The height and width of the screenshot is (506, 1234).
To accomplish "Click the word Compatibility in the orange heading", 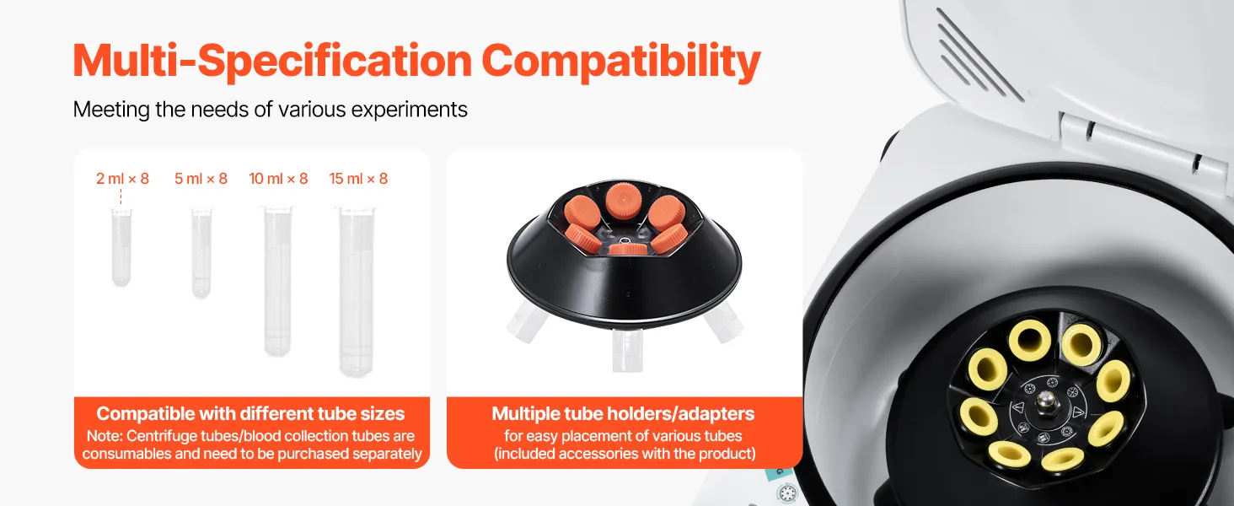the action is [x=621, y=62].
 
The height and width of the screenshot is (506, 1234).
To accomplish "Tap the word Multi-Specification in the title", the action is [x=272, y=62].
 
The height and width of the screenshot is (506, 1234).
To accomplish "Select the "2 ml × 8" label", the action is [x=122, y=179].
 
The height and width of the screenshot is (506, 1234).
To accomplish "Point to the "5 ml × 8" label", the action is [x=201, y=179].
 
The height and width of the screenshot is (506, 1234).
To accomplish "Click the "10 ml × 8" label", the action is [x=278, y=179].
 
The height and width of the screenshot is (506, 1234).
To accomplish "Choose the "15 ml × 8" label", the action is [x=358, y=179].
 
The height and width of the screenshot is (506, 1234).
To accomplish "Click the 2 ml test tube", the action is [x=121, y=247].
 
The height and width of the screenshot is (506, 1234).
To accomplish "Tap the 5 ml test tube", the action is [x=201, y=252].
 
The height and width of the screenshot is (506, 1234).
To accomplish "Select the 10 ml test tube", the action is [x=277, y=281].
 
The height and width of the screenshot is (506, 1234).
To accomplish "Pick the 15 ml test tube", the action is [x=357, y=292].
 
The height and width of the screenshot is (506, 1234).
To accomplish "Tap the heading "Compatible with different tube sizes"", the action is [x=250, y=413].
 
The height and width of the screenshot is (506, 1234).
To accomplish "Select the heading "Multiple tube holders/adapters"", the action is [x=623, y=413].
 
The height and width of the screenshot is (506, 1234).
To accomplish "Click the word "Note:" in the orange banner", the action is [x=105, y=436].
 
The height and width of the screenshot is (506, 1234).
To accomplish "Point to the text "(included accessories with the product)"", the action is [x=625, y=454].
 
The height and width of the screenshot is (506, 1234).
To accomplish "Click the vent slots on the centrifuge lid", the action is [x=978, y=55].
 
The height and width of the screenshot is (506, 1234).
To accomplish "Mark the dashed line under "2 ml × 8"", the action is [x=121, y=196].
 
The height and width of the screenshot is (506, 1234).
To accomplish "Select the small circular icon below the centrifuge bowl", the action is [x=786, y=493].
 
